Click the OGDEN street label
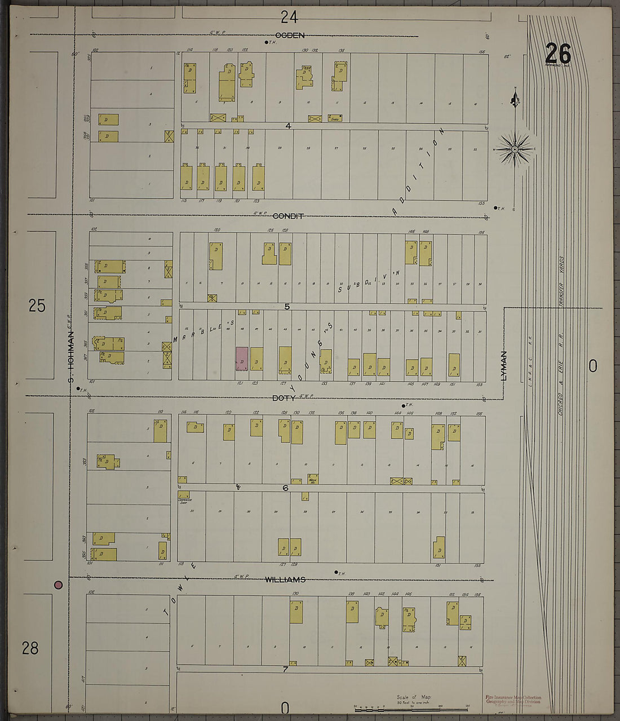(x=289, y=36)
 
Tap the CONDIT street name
(x=288, y=216)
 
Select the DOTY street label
(x=284, y=398)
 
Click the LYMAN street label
(x=504, y=365)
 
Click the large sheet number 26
(x=558, y=54)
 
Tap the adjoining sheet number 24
(x=289, y=17)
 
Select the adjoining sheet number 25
(x=37, y=306)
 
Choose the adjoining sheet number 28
(x=30, y=648)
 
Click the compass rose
(x=515, y=149)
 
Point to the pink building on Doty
(x=242, y=359)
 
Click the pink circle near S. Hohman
(x=58, y=585)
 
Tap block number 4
(x=288, y=126)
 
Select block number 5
(x=287, y=307)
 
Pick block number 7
(x=285, y=670)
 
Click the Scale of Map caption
(x=414, y=697)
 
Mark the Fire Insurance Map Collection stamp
(x=513, y=700)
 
